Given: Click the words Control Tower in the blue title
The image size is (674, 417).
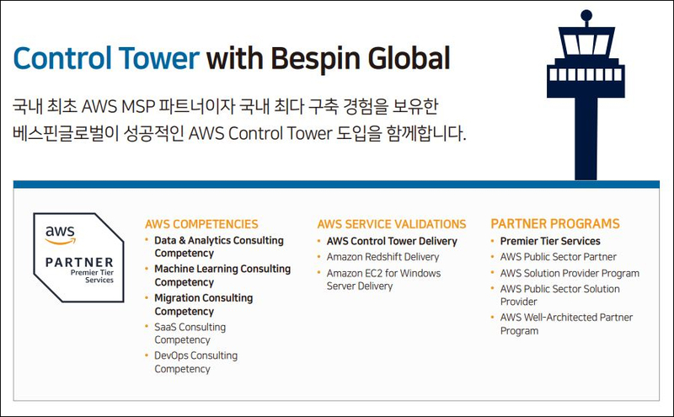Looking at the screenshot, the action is (106, 58).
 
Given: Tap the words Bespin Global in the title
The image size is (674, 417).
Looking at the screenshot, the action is (361, 59).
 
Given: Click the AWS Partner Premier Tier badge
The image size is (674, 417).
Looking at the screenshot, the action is (78, 258).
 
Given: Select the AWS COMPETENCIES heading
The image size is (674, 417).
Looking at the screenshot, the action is (201, 224).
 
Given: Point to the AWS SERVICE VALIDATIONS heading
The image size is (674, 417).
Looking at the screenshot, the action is (392, 224).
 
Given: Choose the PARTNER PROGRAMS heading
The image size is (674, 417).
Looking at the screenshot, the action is (555, 223).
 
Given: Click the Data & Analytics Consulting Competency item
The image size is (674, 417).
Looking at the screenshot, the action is (219, 247).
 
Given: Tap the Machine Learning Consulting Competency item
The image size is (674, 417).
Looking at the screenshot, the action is (222, 275).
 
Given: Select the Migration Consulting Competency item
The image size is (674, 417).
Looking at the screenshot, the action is (203, 304).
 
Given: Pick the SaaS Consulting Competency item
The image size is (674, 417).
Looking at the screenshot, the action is (190, 333).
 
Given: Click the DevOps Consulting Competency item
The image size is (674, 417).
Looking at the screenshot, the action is (195, 362).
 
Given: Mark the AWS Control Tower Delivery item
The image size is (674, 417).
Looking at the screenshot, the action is (392, 241).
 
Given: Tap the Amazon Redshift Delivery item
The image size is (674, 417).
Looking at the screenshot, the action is (382, 257).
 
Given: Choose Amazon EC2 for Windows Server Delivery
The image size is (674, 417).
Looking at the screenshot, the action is (383, 280).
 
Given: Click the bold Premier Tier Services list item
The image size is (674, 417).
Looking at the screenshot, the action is (550, 241).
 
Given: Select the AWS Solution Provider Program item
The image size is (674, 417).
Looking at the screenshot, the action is (570, 274).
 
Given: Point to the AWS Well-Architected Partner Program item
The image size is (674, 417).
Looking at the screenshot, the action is (566, 324).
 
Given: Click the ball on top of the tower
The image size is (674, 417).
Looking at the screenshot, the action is (586, 16).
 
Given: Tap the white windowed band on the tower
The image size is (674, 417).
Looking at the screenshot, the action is (586, 74).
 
